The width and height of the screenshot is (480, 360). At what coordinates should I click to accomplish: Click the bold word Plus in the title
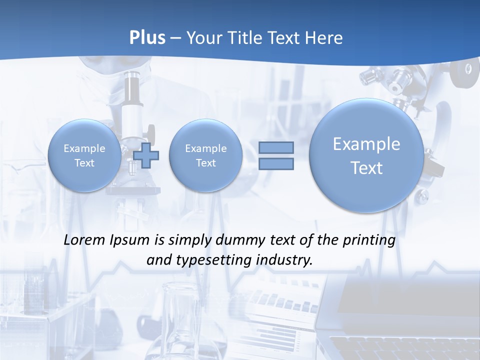(147, 38)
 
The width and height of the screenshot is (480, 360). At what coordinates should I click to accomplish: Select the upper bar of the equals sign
(276, 147)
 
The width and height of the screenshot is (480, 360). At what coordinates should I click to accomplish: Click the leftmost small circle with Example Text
(84, 155)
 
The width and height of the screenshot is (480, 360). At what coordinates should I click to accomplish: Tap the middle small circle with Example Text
(205, 155)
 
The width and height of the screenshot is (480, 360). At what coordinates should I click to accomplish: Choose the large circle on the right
(366, 155)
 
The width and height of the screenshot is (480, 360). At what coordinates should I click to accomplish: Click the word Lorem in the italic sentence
(84, 240)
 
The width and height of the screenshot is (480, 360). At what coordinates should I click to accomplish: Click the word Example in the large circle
(366, 144)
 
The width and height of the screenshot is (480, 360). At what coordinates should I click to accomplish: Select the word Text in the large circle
(366, 168)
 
